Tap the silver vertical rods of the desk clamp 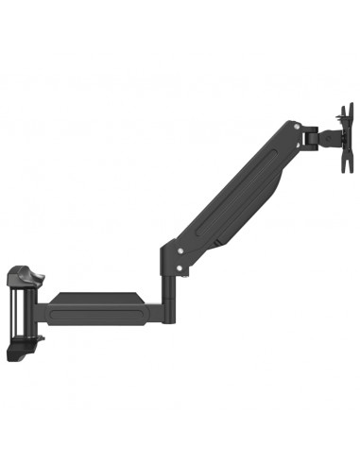(17, 311)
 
